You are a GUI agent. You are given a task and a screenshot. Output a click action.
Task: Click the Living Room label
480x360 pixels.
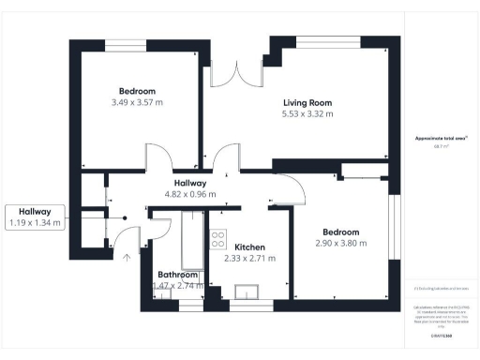pos(308,102)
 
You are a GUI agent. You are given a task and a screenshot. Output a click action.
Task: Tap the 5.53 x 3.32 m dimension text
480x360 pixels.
pos(308,114)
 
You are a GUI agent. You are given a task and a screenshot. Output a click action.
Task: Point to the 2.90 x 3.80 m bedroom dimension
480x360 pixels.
pos(339,244)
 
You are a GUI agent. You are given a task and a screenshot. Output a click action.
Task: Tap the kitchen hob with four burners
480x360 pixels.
pos(217,238)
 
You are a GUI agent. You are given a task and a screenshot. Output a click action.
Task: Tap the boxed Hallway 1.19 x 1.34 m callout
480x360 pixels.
pos(35,217)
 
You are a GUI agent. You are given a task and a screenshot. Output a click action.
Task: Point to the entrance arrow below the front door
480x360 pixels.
pos(125,255)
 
